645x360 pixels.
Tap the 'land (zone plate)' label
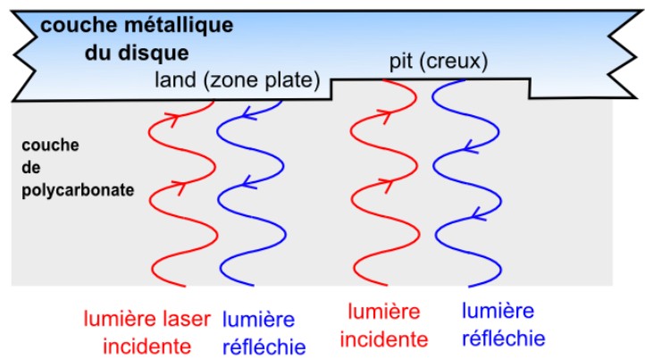(x=238, y=80)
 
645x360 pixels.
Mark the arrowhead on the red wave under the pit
(x=385, y=114)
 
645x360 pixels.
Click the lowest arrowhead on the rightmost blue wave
(x=476, y=213)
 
